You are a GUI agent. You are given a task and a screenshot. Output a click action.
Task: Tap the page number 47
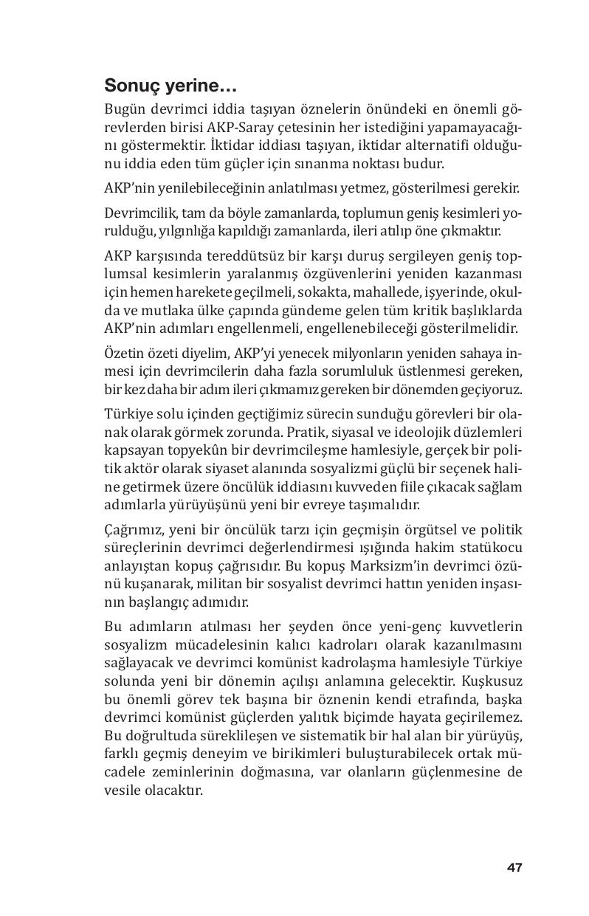[x=514, y=867]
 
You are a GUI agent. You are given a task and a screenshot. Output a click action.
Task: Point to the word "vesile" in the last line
[x=122, y=790]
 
